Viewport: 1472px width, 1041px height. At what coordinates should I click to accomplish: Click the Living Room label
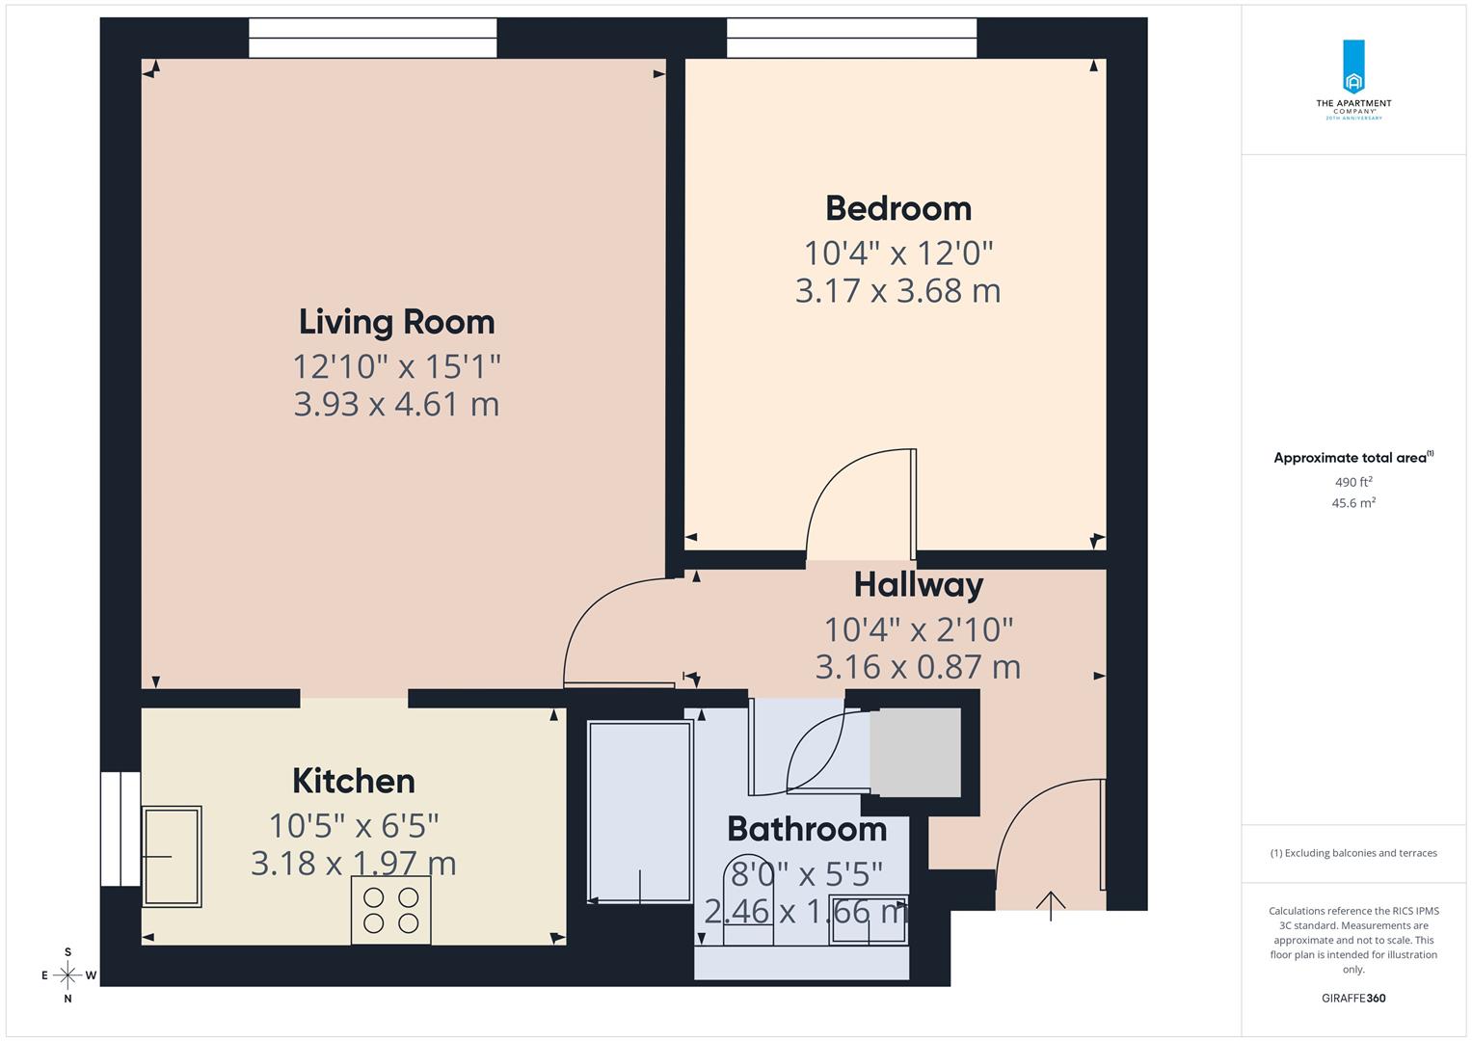click(x=396, y=322)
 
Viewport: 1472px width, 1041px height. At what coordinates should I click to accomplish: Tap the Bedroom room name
click(x=897, y=208)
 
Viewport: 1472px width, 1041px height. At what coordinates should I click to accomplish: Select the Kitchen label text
click(x=353, y=781)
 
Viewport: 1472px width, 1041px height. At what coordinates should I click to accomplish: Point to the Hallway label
click(x=918, y=584)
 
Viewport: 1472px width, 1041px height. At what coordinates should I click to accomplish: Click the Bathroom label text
click(x=806, y=829)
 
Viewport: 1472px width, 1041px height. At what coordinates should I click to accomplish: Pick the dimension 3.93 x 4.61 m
click(x=396, y=404)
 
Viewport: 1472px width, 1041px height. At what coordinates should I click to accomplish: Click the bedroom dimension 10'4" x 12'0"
click(x=897, y=253)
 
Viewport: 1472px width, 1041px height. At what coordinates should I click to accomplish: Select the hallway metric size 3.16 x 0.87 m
click(x=918, y=667)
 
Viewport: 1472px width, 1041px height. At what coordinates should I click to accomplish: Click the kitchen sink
click(x=172, y=856)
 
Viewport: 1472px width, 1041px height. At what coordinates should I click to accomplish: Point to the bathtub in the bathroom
click(x=640, y=813)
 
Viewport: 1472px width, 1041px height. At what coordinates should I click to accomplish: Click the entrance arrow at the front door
click(x=1050, y=904)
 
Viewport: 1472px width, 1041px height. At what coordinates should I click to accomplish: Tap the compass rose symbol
click(x=67, y=975)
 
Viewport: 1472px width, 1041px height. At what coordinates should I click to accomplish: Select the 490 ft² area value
click(x=1353, y=482)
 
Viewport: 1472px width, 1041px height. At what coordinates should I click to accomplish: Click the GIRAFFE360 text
click(x=1353, y=999)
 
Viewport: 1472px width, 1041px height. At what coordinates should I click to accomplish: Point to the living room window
click(x=372, y=39)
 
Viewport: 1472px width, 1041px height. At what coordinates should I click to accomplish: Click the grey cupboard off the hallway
click(x=915, y=753)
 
